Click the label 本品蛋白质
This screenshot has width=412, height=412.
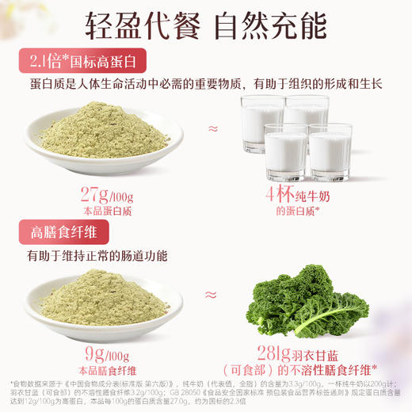point(103,212)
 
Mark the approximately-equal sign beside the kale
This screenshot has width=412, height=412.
point(212,294)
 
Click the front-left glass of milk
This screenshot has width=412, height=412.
point(284,151)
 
